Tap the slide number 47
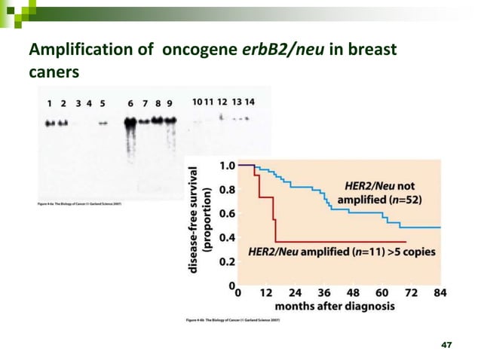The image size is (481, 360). point(446,344)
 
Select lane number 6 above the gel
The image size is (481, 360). point(130,102)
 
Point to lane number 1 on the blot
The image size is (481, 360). point(50,102)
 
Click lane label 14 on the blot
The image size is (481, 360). point(250,102)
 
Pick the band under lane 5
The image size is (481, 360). point(103,123)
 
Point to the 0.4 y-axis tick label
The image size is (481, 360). point(225,238)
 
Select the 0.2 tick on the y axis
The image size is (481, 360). point(225,262)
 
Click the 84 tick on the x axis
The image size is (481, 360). point(439,292)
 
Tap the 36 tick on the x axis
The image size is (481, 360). point(324,292)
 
